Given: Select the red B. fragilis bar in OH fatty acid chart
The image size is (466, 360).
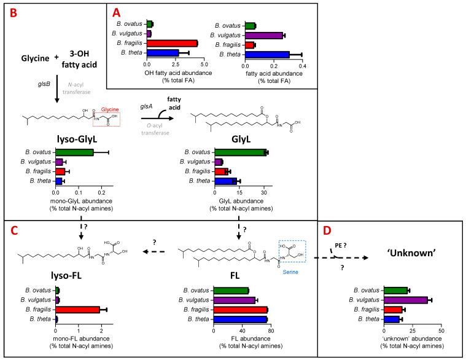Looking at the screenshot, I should coord(172,43).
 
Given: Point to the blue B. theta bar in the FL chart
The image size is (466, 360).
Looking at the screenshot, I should coord(240,319).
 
